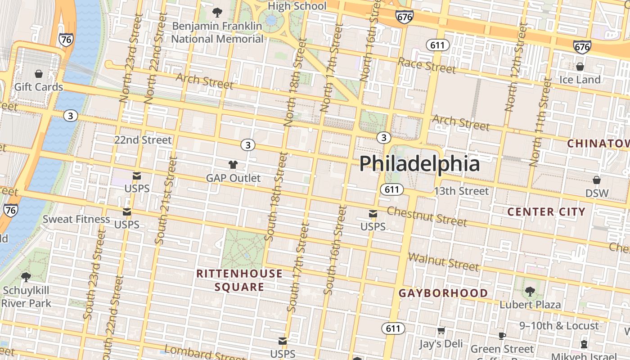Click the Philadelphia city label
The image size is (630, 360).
[x=419, y=163]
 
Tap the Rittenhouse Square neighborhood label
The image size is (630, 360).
[x=239, y=280]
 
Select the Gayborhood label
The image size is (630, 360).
[x=443, y=293]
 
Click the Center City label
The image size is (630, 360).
[x=546, y=211]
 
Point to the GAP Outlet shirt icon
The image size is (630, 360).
[x=233, y=165]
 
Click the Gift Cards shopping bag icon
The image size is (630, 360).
[x=39, y=74]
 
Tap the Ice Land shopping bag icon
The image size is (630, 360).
[x=580, y=67]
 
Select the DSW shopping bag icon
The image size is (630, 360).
[x=597, y=180]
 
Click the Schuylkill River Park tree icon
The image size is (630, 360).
[x=26, y=277]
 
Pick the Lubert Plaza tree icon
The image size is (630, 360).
[x=530, y=292]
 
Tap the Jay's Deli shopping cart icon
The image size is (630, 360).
[x=441, y=331]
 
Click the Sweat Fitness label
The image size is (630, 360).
[x=76, y=219]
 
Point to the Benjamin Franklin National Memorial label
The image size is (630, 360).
[x=217, y=32]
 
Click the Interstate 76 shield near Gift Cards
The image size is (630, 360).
[x=66, y=40]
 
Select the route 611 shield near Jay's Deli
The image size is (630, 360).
[x=393, y=328]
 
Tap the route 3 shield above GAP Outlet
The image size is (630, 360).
[x=247, y=145]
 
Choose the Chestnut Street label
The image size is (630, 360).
[x=427, y=216]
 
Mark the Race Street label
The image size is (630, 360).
[x=427, y=66]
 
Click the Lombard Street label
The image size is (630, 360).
[x=205, y=353]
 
